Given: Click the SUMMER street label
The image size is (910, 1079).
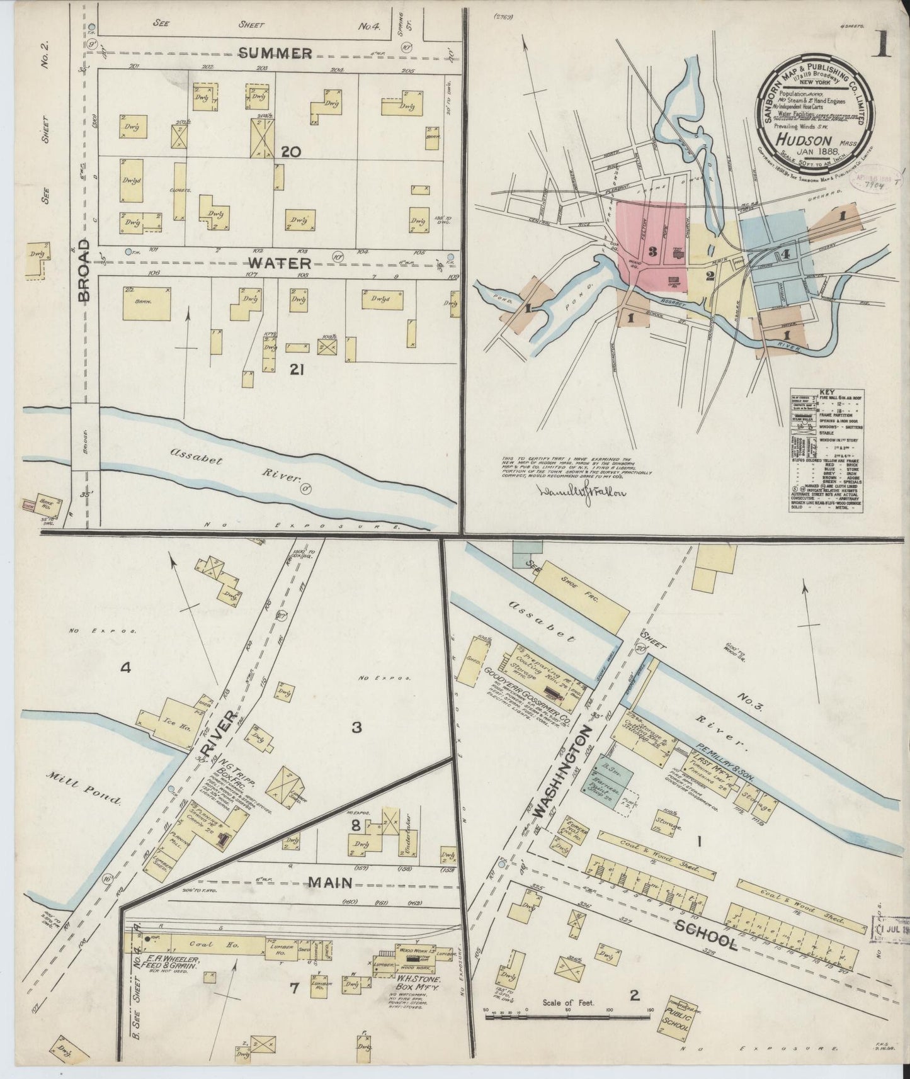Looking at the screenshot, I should (x=275, y=54).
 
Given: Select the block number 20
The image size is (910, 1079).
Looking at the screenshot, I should (x=292, y=152).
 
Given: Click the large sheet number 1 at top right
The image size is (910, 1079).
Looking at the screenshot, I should (x=882, y=45).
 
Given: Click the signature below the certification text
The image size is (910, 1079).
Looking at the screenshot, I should (x=580, y=492).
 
